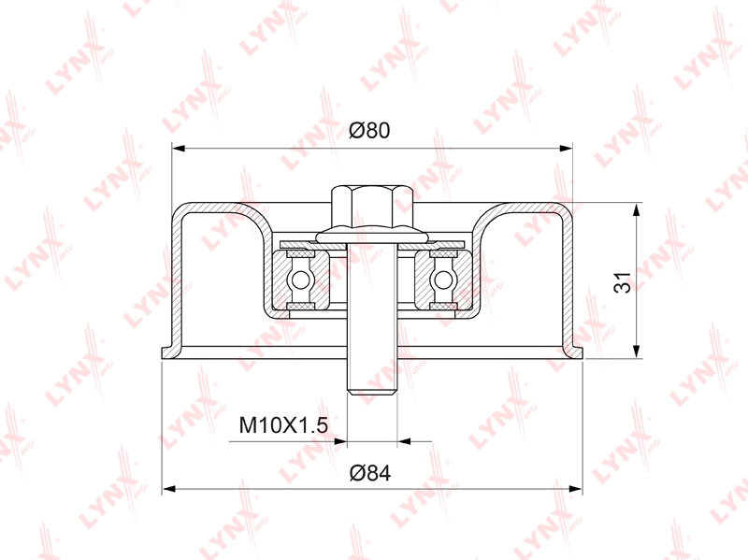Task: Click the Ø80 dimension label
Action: click(369, 130)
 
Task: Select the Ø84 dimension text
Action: click(370, 473)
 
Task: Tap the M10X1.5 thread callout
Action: click(283, 425)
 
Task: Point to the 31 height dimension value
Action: click(622, 282)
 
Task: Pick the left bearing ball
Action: click(301, 280)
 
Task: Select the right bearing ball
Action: click(443, 280)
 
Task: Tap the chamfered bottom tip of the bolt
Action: click(372, 392)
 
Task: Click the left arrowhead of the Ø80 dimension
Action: click(179, 149)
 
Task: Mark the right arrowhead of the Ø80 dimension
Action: click(566, 149)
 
